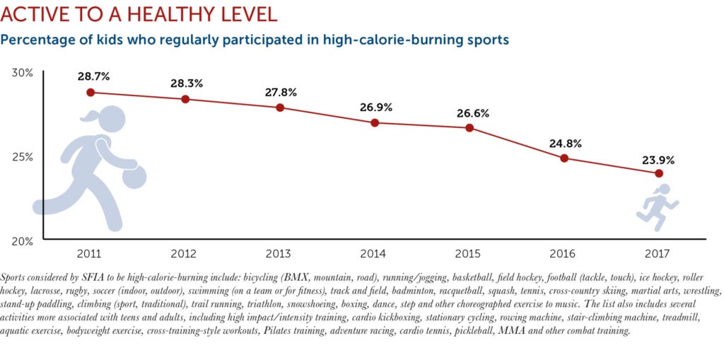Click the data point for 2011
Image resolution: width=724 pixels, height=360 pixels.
[90, 93]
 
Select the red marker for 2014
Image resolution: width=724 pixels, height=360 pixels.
[375, 122]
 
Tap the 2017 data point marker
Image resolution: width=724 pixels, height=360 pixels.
[659, 173]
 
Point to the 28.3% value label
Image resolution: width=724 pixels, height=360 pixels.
[186, 83]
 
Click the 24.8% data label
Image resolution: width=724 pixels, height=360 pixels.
[565, 144]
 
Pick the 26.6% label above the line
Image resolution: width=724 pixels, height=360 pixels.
[470, 113]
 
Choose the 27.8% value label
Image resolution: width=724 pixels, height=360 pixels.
[281, 92]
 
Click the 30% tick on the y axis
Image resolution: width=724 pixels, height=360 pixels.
[23, 73]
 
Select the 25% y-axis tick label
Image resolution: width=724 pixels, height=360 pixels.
[23, 156]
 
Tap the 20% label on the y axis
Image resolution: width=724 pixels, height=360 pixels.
[23, 240]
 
